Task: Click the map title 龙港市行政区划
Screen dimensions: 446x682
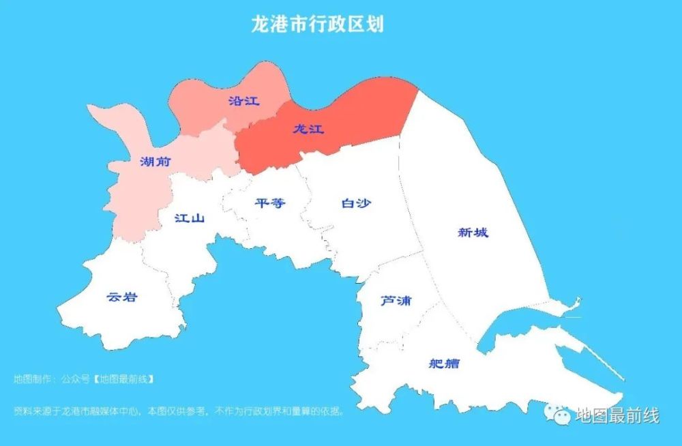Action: click(318, 25)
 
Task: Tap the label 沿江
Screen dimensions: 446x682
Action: click(243, 101)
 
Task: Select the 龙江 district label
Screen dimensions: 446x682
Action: click(308, 129)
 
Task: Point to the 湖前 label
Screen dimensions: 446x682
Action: click(155, 162)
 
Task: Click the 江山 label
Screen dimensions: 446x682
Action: click(190, 218)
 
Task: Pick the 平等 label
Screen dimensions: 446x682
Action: click(269, 203)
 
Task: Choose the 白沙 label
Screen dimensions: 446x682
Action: click(356, 203)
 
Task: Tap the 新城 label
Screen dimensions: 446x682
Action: click(473, 233)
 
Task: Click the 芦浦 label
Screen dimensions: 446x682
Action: click(396, 300)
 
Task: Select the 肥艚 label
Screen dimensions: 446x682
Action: click(444, 363)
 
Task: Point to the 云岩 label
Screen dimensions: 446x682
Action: click(122, 297)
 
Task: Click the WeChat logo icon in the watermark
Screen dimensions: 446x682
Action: click(559, 413)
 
